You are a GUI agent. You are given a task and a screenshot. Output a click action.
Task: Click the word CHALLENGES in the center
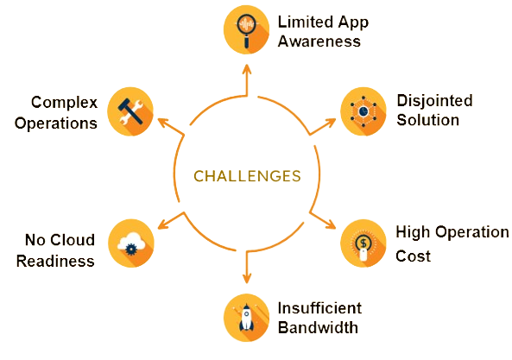(x=247, y=176)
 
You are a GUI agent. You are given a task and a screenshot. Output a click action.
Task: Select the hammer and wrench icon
(x=130, y=111)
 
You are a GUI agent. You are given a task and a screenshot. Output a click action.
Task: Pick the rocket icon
(x=247, y=318)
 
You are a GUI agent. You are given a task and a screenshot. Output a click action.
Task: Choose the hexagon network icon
(x=363, y=111)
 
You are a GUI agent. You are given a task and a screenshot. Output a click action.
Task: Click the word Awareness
(x=319, y=41)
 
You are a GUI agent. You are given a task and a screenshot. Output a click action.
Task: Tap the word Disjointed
(x=434, y=100)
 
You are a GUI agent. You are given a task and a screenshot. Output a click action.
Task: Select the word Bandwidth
(x=318, y=327)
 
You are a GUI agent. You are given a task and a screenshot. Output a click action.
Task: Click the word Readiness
(x=55, y=261)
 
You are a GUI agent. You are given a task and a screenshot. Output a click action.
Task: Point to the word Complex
(x=65, y=103)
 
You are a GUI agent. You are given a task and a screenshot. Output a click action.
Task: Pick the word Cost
(x=413, y=256)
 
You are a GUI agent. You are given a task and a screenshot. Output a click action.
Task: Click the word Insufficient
(x=319, y=308)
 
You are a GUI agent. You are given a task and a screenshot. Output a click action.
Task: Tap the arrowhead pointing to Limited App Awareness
(x=247, y=70)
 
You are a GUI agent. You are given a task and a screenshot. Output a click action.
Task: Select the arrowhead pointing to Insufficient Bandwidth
(x=247, y=278)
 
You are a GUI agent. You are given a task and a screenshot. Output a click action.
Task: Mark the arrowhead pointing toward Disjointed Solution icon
(x=331, y=123)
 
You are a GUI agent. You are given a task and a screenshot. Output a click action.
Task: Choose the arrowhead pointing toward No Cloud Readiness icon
(x=162, y=224)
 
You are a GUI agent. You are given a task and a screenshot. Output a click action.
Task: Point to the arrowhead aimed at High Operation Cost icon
(x=331, y=224)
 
